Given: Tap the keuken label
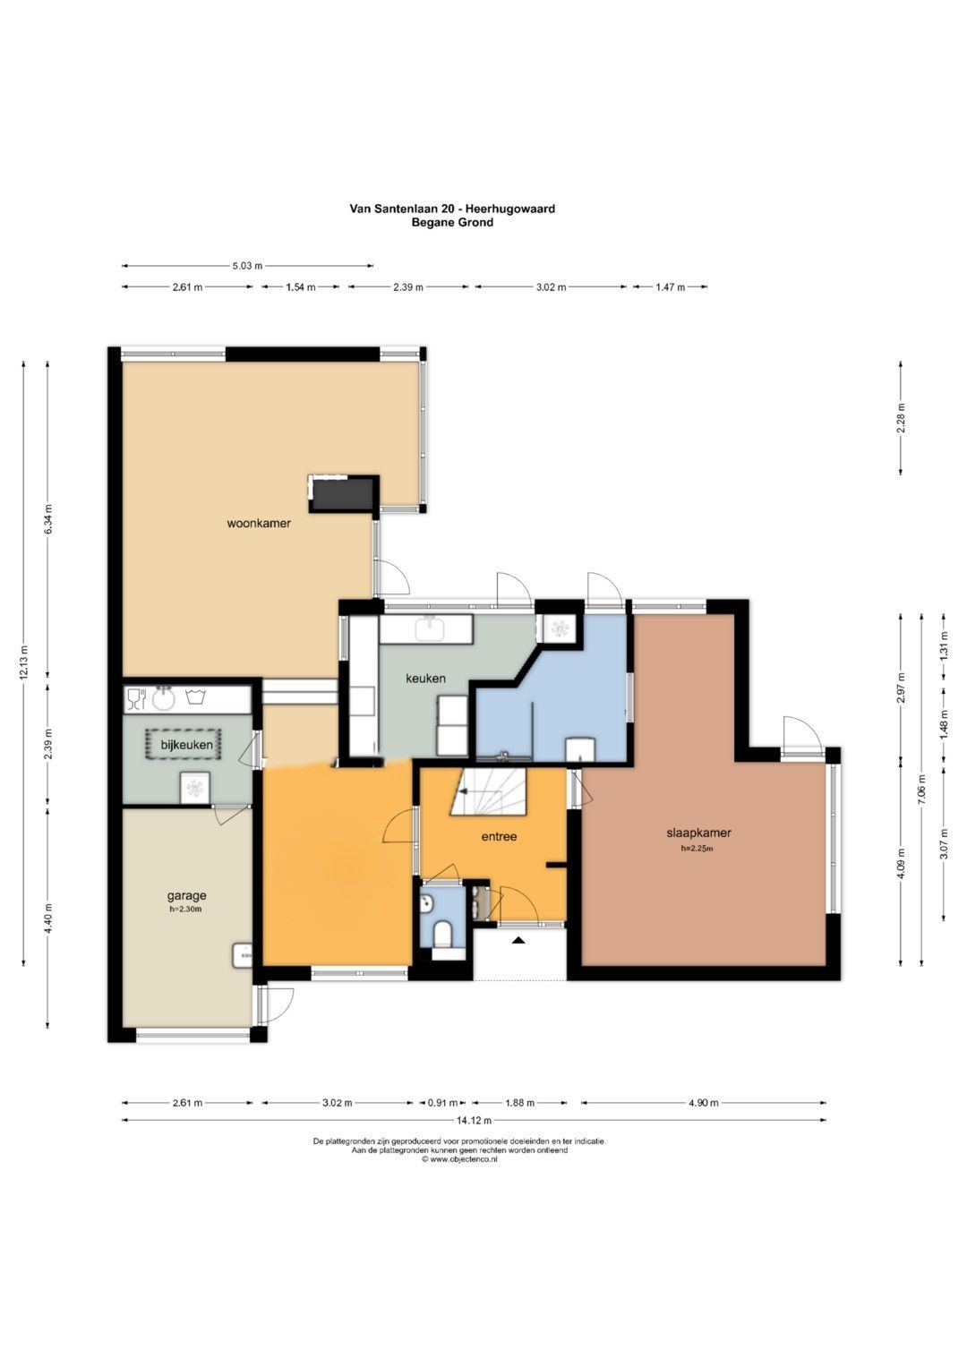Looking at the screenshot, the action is point(425,678).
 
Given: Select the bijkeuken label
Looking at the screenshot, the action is point(187,745).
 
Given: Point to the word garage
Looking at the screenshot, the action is point(187,896).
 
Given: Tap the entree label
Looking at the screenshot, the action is point(499,837).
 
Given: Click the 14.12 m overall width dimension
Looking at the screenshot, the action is point(475,1120).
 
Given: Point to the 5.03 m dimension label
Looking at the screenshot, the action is point(247,266).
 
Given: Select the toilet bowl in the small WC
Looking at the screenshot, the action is point(441,935).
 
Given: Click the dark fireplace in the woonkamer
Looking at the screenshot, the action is point(342,494).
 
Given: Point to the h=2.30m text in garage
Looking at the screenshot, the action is point(187,909).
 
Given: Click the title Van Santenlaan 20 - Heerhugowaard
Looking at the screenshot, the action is point(452,209).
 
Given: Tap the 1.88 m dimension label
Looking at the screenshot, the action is point(519,1103).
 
